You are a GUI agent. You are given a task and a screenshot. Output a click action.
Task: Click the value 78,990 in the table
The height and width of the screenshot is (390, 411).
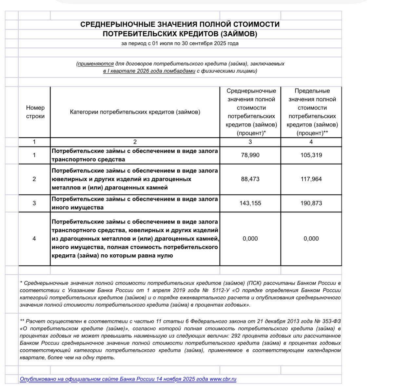(x=250, y=155)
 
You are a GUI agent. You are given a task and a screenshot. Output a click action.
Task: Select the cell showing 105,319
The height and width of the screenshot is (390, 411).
(x=311, y=155)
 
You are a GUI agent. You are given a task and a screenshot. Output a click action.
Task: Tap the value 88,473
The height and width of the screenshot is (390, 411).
(x=250, y=179)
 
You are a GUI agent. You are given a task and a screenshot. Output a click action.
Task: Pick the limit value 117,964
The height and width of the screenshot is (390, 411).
(x=311, y=179)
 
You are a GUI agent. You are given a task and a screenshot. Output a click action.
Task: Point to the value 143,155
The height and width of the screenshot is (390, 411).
(x=250, y=203)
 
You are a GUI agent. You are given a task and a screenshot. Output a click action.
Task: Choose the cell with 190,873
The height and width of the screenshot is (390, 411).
(x=311, y=203)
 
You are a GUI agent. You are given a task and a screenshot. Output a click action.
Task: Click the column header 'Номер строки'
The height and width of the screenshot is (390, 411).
(x=35, y=112)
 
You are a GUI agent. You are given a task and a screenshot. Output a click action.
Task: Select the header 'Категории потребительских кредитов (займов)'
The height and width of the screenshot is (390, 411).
(x=135, y=112)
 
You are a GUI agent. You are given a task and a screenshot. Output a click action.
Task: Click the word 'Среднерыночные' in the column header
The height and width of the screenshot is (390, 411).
(x=251, y=91)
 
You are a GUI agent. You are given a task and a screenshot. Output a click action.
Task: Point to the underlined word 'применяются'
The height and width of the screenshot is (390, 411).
(x=96, y=64)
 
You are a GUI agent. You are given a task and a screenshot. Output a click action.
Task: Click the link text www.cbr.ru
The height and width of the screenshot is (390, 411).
(x=223, y=379)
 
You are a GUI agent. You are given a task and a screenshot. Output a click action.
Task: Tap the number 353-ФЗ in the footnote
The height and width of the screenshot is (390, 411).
(x=331, y=321)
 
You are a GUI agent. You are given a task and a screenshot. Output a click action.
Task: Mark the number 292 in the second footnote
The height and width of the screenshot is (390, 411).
(x=238, y=336)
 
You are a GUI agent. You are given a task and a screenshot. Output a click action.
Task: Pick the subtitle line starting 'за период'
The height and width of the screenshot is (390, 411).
(x=180, y=44)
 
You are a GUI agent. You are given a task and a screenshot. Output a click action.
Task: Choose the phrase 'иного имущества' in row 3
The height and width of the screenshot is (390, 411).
(x=78, y=207)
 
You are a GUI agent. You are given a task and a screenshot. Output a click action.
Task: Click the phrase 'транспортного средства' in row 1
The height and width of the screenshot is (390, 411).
(x=88, y=160)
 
